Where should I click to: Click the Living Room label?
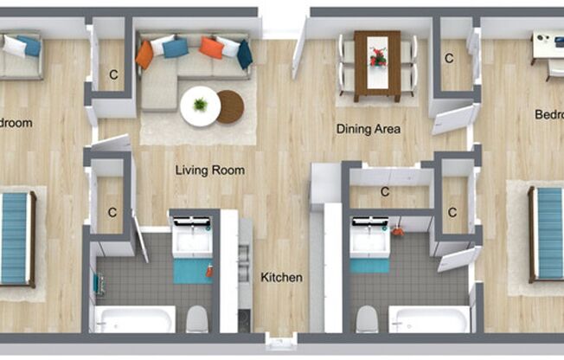210,170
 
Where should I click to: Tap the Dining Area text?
368,130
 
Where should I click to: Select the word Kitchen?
282,278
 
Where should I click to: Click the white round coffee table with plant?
200,106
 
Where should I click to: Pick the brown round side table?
231,106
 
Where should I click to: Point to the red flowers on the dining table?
378,57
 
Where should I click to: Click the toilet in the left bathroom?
197,318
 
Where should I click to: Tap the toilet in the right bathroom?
367,318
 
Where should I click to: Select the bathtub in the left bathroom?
135,319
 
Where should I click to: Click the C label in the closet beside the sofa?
113,75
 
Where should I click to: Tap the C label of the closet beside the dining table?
449,59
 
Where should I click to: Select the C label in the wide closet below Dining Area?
384,192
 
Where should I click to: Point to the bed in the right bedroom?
547,235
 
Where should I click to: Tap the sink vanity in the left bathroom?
192,234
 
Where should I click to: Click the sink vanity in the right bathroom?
369,235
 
